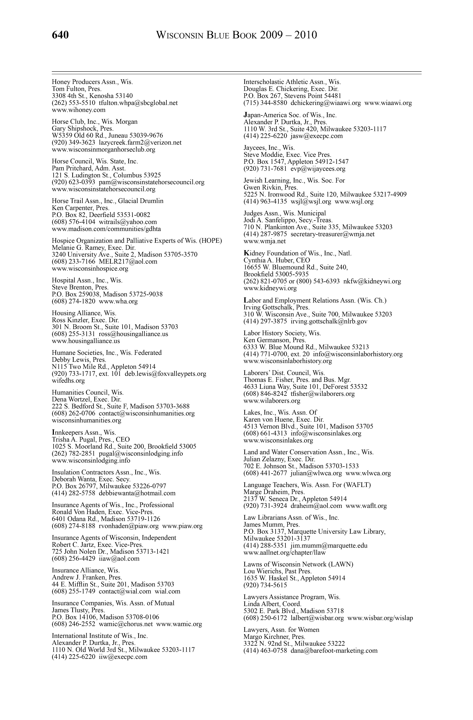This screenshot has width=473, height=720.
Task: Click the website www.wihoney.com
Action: (79, 110)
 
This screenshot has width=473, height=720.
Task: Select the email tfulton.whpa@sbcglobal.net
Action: (138, 103)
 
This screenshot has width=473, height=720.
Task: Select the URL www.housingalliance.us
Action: (86, 341)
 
